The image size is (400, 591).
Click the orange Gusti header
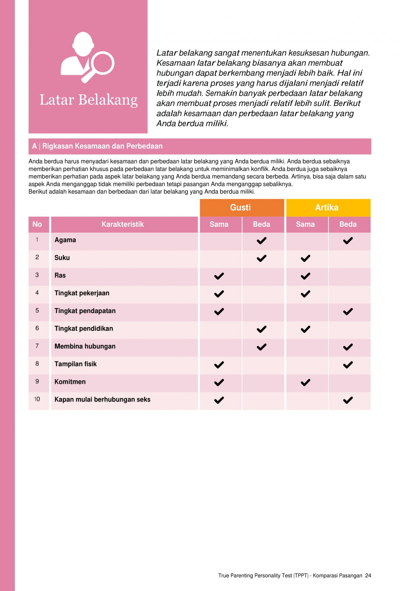point(240,208)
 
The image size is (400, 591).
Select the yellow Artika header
point(327,208)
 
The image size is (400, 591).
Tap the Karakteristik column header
point(123,224)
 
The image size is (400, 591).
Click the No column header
point(37,224)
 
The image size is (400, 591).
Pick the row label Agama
point(65,240)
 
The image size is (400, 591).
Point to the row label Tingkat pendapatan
point(85,311)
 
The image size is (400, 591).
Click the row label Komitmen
point(70,382)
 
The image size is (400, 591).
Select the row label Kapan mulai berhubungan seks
point(102,399)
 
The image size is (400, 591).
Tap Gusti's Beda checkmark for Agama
point(262,241)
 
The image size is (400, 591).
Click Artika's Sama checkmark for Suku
point(305,258)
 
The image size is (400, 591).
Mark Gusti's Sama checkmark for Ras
point(219,276)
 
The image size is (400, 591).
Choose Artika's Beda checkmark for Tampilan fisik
point(348,365)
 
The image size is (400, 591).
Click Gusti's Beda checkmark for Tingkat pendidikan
point(262,329)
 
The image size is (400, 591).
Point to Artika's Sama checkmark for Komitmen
point(305,382)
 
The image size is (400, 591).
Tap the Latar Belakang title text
point(88,100)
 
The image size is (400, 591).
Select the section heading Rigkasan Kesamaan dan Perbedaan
point(102,146)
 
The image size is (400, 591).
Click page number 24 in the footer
point(368,576)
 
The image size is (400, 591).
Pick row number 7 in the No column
point(37,346)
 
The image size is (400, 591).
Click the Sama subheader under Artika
point(305,224)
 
